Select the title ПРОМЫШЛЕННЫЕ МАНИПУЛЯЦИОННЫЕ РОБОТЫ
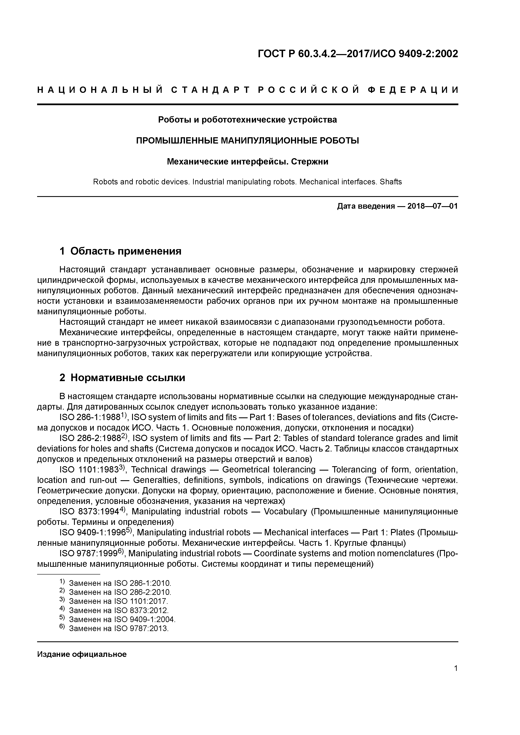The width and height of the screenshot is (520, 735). point(247,141)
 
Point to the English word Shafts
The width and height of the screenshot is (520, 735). point(391,182)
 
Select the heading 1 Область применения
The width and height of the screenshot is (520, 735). point(121,251)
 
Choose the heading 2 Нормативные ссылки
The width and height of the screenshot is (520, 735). point(122,378)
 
